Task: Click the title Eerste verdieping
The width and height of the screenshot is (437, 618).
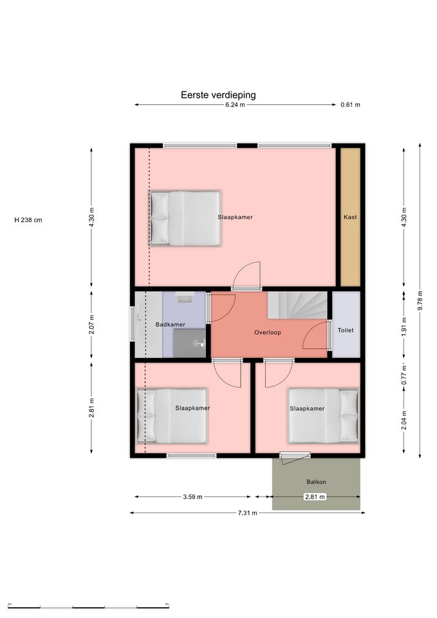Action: pos(218,95)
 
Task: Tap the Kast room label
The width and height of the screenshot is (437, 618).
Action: pos(350,217)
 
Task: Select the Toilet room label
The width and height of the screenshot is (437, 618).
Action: pos(346,330)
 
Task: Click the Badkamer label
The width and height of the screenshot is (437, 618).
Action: pos(170,324)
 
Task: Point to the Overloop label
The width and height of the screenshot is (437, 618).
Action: pos(268,332)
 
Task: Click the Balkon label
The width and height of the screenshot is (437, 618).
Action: pos(317,482)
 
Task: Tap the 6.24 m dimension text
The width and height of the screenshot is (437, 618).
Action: pos(235,105)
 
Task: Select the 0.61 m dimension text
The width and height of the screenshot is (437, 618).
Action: pos(350,105)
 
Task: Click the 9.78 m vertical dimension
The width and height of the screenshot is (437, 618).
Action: pos(420,301)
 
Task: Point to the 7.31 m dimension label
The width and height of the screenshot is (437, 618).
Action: pos(248,513)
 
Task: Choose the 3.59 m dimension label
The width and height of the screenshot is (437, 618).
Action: pos(192,497)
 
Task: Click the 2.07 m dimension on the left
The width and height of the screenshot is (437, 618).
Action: pos(91,324)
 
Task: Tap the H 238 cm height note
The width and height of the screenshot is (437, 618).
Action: pos(28,220)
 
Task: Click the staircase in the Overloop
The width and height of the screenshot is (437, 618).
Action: pos(297,305)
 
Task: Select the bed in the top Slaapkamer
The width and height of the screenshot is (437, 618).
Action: pos(185,218)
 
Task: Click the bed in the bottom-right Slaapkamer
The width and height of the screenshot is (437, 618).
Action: pos(324,416)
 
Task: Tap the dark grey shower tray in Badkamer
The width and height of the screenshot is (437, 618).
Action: pos(189,343)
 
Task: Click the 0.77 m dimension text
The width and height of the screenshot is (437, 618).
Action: pos(404,375)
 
